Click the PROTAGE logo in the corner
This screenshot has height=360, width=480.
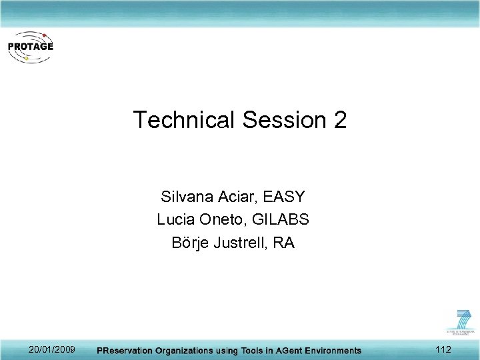pyautogui.click(x=31, y=47)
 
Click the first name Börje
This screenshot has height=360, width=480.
pyautogui.click(x=190, y=242)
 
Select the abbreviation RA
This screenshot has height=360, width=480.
pyautogui.click(x=284, y=242)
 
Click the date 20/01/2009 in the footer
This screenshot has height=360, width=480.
pyautogui.click(x=52, y=349)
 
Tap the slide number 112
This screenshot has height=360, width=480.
pyautogui.click(x=443, y=349)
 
